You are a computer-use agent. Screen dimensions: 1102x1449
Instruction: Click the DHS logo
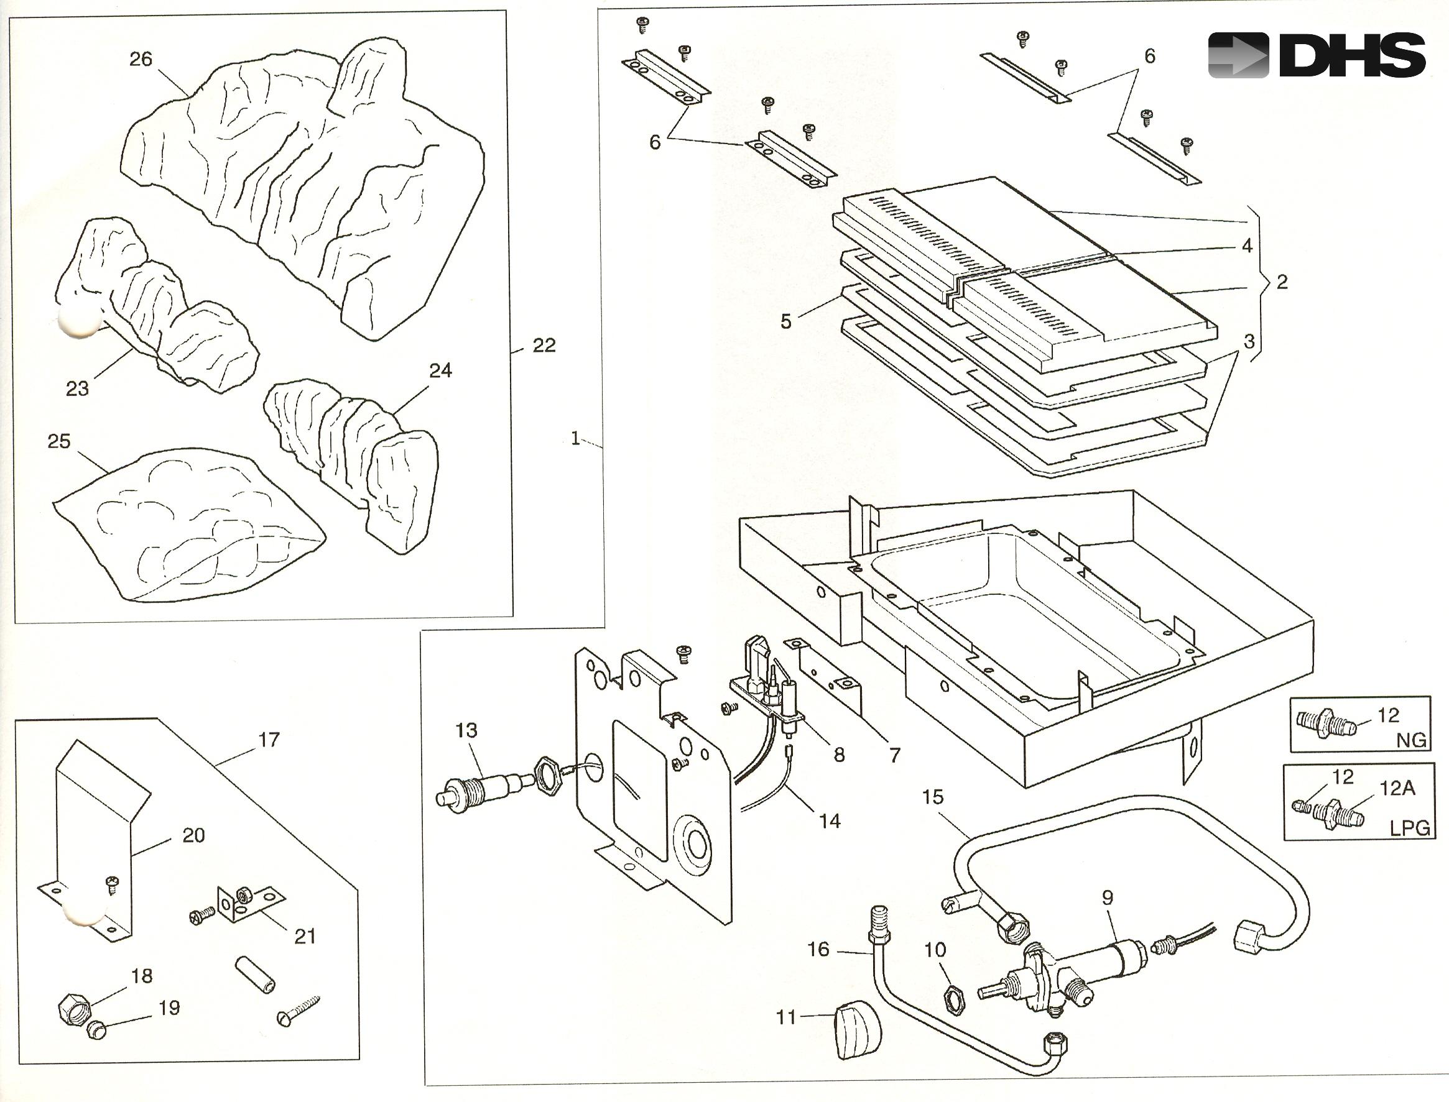click(1316, 56)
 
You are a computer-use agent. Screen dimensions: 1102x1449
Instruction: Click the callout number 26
click(141, 60)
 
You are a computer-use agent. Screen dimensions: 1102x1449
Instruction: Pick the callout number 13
click(466, 730)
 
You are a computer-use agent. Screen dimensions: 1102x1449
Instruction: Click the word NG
click(1412, 740)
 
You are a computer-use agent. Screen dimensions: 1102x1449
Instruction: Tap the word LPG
click(1410, 828)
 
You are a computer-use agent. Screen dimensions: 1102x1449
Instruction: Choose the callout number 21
click(305, 936)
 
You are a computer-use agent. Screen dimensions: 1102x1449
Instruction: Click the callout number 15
click(933, 797)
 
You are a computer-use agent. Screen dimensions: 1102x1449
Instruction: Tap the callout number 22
click(544, 346)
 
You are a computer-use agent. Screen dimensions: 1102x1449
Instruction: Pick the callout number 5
click(785, 321)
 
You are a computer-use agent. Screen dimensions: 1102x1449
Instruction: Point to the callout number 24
click(440, 370)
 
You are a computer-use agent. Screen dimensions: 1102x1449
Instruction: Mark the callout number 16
click(818, 949)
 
